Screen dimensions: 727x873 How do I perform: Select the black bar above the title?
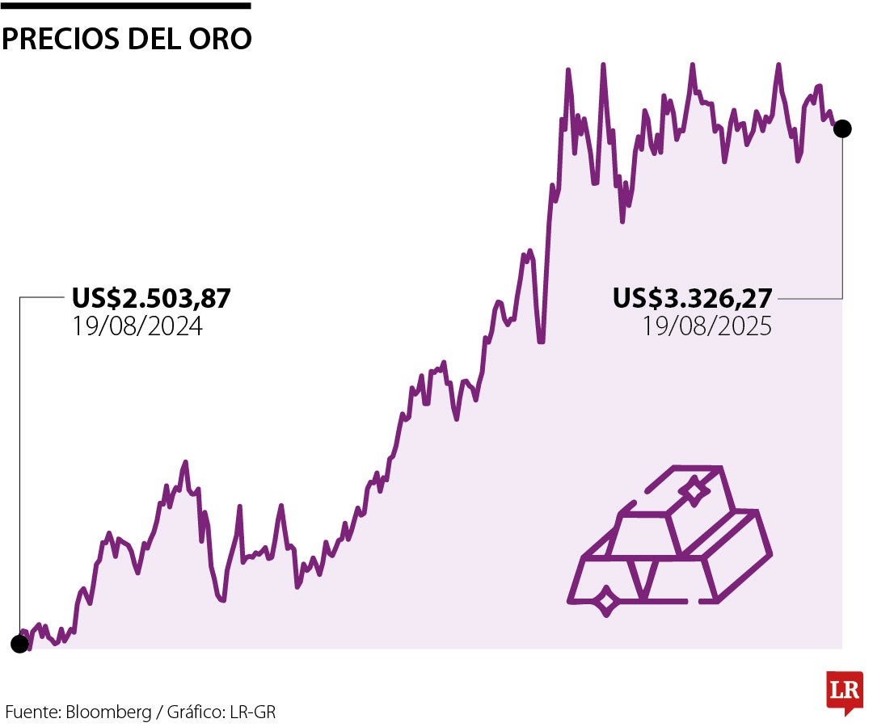click(125, 6)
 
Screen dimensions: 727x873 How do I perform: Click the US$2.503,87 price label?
click(151, 299)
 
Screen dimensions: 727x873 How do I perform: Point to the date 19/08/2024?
click(137, 326)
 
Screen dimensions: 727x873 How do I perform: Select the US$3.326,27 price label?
click(692, 299)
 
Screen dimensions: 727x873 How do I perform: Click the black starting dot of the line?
click(19, 644)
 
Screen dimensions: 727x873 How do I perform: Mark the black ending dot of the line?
click(842, 128)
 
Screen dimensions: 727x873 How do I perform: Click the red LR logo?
click(845, 691)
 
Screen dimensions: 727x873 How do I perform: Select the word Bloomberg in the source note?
click(108, 712)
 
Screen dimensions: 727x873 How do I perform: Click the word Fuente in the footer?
click(31, 712)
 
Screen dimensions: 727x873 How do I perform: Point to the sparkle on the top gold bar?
click(693, 490)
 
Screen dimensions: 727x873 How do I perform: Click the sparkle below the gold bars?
click(606, 601)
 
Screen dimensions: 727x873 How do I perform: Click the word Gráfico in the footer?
click(196, 712)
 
